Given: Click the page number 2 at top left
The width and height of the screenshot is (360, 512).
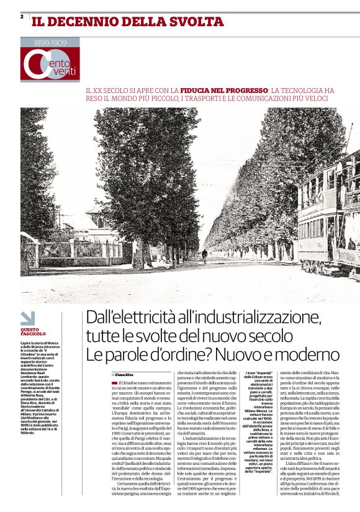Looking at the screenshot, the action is pyautogui.click(x=22, y=17).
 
